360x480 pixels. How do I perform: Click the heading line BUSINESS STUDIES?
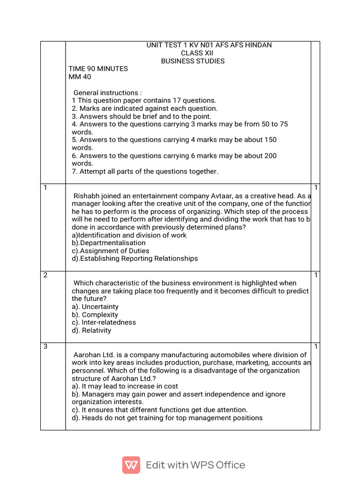tap(193, 61)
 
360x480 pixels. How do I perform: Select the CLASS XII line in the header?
tap(194, 53)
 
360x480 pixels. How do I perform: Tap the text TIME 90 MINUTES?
tap(98, 69)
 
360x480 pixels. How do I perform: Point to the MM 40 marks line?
tap(80, 77)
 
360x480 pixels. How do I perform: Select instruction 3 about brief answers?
tap(141, 116)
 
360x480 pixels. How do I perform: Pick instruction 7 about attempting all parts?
tap(145, 172)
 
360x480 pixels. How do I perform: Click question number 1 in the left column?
tap(45, 188)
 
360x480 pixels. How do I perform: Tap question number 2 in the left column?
tap(45, 275)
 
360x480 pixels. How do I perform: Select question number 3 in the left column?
tap(45, 346)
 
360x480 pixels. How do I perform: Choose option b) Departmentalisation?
tap(109, 243)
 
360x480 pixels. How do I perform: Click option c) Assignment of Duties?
tap(111, 251)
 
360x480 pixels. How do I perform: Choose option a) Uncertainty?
tap(95, 307)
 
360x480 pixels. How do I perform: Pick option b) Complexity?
tap(95, 315)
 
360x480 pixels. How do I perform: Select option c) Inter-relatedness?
tap(104, 322)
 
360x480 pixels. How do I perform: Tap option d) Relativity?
tap(91, 330)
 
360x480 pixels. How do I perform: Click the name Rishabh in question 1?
tap(87, 196)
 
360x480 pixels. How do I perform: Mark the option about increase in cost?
tap(125, 386)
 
